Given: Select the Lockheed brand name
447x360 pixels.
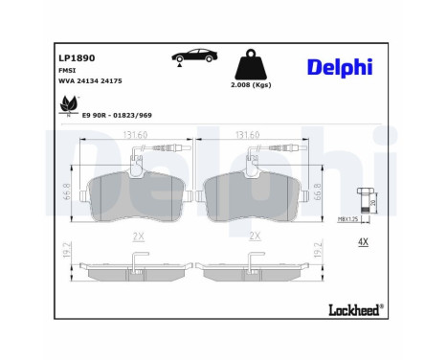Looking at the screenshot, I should coord(355,308).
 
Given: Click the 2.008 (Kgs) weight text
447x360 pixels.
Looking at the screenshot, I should coord(251,98).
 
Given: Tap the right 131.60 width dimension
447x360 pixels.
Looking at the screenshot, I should coord(249,136).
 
